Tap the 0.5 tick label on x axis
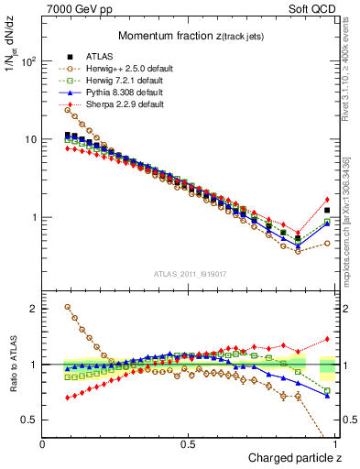point(188,443)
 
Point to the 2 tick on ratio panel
point(33,309)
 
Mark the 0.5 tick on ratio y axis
point(29,420)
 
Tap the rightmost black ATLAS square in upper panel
point(327,210)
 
